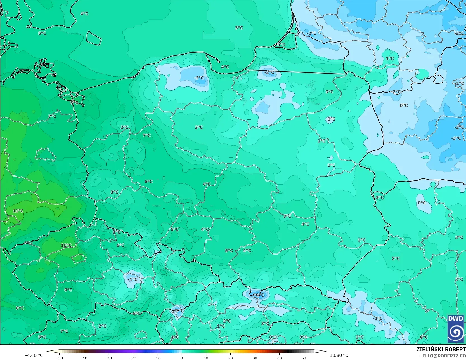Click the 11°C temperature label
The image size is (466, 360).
pos(18,211)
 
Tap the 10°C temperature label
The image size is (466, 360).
pos(66,245)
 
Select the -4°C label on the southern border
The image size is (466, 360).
pos(259,295)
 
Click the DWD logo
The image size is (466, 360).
pos(456,329)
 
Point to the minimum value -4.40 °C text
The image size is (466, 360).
pos(34,355)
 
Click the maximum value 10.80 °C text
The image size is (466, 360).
pos(339,355)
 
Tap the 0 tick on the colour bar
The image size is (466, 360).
pos(181,358)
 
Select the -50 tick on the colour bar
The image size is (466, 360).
pos(59,358)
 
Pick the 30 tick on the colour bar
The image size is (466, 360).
pos(255,358)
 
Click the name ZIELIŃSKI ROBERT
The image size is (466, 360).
pos(441,349)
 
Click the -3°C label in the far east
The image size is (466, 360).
pos(456,138)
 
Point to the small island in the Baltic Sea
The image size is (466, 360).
pos(93,38)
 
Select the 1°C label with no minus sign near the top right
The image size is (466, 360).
pos(389,58)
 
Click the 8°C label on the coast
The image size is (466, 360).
pos(74,103)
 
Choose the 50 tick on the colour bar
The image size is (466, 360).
pos(304,358)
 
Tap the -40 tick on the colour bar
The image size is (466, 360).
pos(84,358)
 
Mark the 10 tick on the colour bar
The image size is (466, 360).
pos(206,358)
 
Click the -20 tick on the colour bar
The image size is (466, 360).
pos(133,358)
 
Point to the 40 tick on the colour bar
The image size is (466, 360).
pos(279,358)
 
